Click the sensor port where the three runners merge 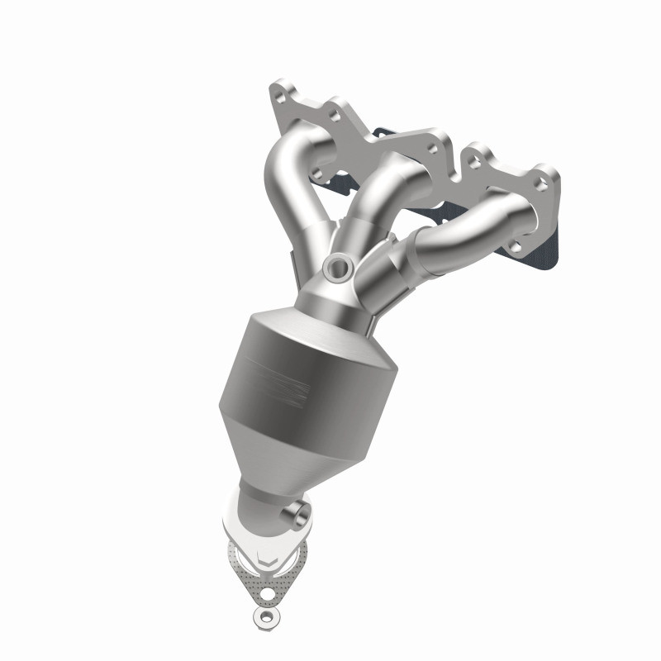click(x=337, y=265)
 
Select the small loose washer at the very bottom click(x=264, y=616)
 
